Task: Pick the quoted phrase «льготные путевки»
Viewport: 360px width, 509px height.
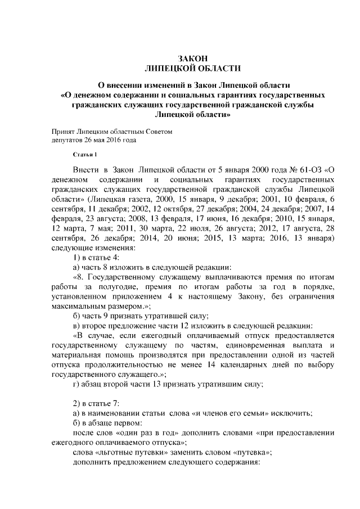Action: point(132,452)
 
